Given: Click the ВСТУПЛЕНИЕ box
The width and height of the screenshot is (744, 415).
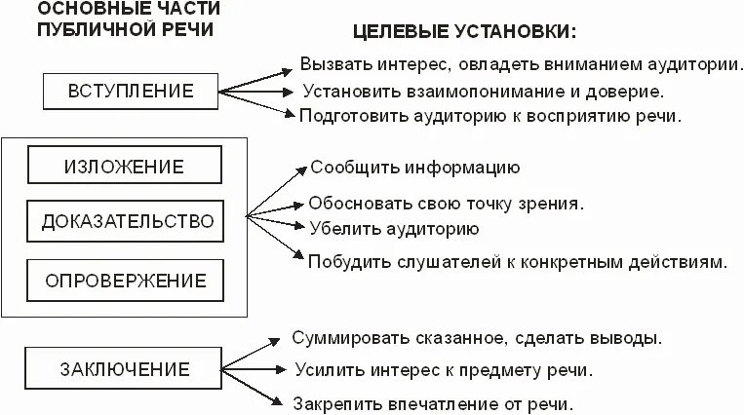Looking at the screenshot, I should click(131, 93).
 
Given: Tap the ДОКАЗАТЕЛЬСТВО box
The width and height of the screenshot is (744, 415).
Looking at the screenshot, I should click(127, 223).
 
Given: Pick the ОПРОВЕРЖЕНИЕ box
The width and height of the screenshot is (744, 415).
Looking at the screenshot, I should click(126, 281).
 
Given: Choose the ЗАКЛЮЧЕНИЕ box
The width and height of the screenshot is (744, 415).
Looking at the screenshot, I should click(124, 370).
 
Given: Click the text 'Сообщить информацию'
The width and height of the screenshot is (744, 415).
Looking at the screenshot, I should click(414, 167).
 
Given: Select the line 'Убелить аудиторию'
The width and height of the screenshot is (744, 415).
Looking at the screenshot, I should click(393, 230).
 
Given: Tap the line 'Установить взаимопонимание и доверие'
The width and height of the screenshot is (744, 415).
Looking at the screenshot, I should click(483, 93).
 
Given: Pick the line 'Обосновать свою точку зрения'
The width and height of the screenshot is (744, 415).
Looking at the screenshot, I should click(446, 205).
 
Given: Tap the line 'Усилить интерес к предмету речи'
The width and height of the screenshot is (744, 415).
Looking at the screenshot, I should click(443, 370).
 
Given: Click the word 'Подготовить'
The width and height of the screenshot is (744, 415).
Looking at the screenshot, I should click(348, 115).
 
